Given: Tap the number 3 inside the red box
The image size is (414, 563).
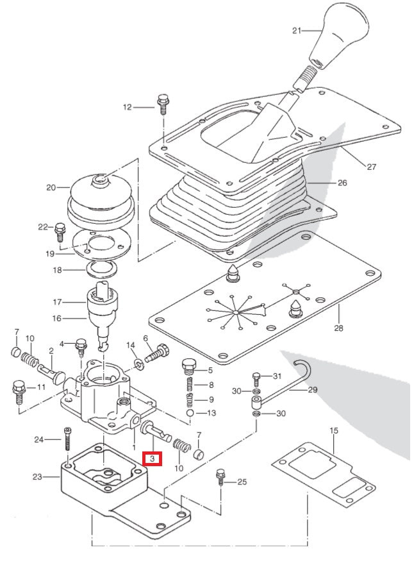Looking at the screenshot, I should click(153, 458).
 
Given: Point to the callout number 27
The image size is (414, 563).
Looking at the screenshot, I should click(371, 167).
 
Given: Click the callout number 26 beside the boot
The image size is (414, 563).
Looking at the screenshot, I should click(342, 183).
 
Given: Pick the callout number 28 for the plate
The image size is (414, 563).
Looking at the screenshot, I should click(338, 328).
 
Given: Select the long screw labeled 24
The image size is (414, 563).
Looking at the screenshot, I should click(66, 441).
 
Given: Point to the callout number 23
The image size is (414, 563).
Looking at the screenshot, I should click(37, 476).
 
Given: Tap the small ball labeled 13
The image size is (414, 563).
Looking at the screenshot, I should click(190, 414).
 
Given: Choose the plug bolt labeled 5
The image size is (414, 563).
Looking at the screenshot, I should click(188, 367).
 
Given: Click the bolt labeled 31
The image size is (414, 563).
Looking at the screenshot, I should click(256, 377).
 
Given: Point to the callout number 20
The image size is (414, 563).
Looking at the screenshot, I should click(51, 188).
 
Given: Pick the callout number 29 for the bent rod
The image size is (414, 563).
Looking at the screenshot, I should click(312, 389).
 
